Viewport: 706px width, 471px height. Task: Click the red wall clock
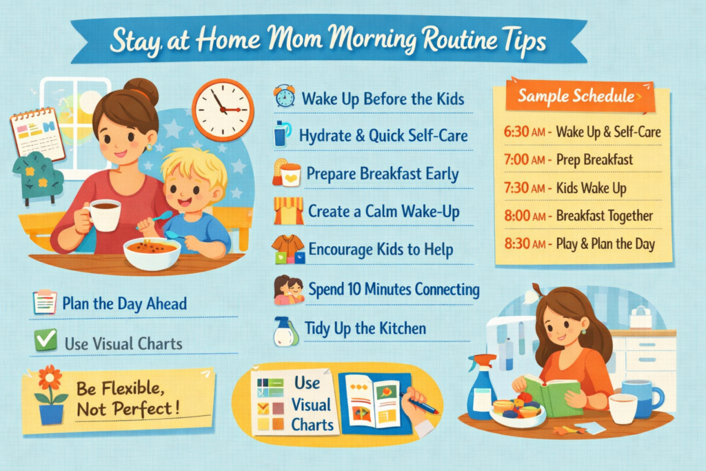[222, 110]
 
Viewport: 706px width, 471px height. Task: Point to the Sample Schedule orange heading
[576, 97]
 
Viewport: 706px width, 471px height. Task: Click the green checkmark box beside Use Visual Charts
[46, 340]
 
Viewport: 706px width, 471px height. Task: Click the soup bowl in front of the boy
[152, 252]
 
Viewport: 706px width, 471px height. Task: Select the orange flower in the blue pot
[51, 379]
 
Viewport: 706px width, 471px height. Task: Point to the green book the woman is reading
[552, 394]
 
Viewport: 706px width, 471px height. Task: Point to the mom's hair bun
[143, 91]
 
